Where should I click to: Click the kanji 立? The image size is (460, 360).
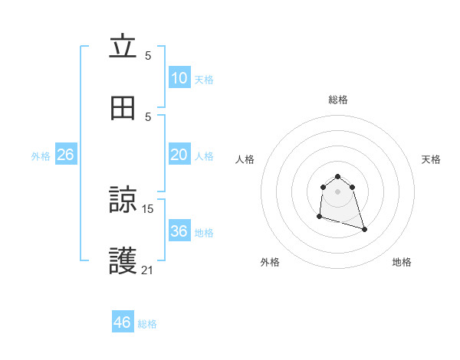123,47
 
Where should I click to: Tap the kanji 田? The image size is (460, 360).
123,109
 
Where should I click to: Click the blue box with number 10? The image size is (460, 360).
179,78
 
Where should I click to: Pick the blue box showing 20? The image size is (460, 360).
179,155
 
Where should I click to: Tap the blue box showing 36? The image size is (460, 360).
179,231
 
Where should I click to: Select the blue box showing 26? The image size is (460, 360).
65,155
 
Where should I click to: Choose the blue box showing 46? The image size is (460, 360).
122,322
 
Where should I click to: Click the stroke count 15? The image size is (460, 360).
148,208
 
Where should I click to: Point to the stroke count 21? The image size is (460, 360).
148,270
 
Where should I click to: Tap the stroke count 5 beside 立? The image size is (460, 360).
148,55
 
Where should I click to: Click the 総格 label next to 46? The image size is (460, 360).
147,324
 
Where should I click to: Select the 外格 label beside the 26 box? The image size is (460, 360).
41,156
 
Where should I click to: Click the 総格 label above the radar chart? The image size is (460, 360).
338,100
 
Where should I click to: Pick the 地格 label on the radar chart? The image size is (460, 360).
402,262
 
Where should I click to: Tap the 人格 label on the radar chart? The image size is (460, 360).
245,159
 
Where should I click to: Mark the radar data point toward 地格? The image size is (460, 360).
364,229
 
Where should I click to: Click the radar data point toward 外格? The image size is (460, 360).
319,217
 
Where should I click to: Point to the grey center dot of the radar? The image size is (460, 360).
338,191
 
